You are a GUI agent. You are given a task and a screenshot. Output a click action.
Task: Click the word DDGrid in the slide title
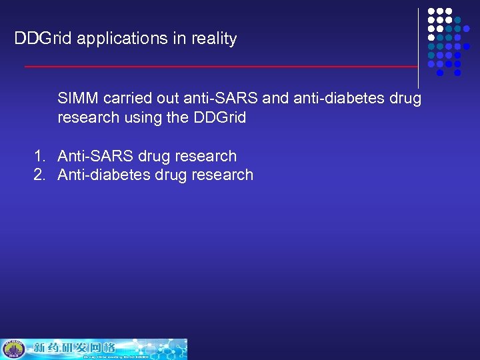[43, 39]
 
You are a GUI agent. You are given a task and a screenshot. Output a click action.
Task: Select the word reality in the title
[214, 39]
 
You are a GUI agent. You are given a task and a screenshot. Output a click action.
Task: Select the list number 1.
[39, 156]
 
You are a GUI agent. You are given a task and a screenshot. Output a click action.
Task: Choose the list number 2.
[39, 175]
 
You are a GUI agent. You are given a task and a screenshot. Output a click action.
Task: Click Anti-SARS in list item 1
[95, 156]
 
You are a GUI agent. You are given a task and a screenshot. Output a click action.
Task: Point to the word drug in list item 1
[153, 156]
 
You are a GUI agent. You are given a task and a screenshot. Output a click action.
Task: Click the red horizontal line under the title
[220, 67]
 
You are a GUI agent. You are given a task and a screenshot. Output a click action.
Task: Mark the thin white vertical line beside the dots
[419, 47]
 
